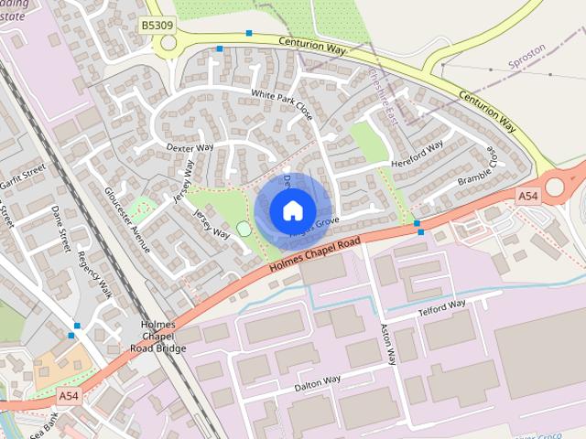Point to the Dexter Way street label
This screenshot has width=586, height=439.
point(190,146)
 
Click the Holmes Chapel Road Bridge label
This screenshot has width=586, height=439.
point(157,337)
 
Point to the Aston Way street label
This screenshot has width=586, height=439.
point(389,344)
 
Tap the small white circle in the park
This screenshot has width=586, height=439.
point(244,229)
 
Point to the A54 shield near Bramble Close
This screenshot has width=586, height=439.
point(527,196)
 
